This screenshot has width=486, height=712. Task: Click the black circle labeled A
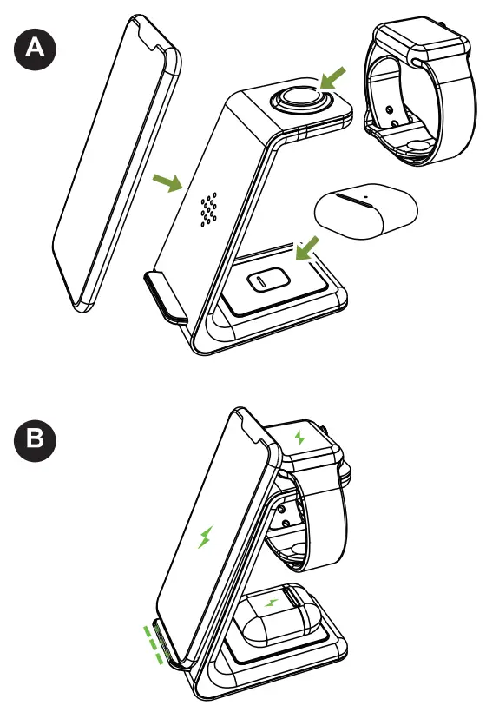coord(34,48)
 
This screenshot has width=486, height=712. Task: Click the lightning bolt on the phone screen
coord(206,537)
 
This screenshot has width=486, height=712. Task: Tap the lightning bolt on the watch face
coord(300,437)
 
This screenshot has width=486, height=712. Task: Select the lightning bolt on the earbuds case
coord(271,603)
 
